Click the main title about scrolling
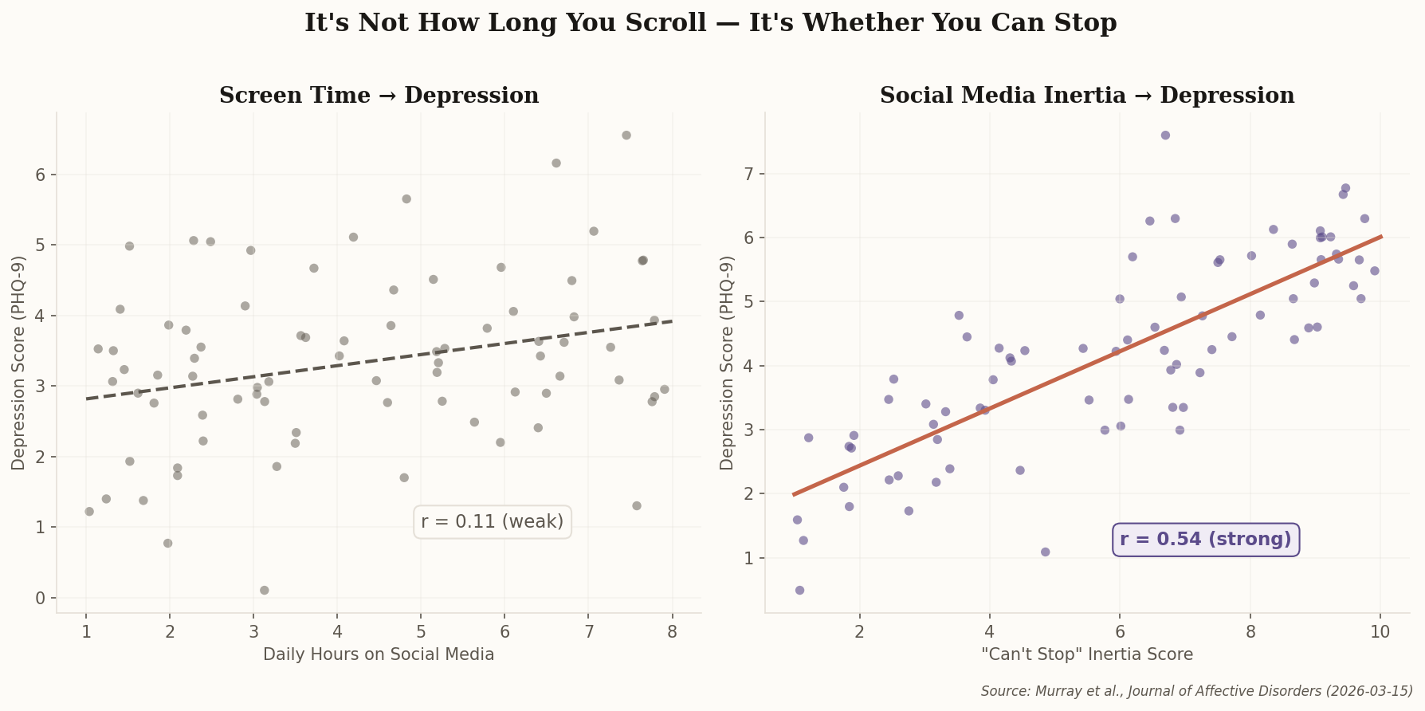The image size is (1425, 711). pos(710,23)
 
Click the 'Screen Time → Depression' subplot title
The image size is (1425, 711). pos(379,96)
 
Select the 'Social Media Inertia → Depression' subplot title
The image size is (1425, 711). pos(1086,96)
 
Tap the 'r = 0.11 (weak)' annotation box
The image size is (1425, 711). pos(492,521)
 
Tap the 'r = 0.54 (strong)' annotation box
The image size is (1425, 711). pos(1205,540)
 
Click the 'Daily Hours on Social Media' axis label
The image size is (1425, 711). pos(379,654)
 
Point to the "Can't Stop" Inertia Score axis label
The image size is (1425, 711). pos(1087,654)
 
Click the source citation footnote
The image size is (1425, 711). pos(1196,691)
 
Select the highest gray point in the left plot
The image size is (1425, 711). pos(626,136)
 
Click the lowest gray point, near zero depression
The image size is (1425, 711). pos(265,591)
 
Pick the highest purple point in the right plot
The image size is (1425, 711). pos(1165,136)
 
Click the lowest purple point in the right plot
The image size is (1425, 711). pos(799,591)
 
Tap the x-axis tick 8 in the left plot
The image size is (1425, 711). pos(672,632)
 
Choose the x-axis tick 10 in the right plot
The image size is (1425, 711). pos(1380,632)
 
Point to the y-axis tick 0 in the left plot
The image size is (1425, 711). pos(41,598)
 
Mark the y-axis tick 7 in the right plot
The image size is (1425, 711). pos(749,174)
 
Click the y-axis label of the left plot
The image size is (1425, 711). pos(18,363)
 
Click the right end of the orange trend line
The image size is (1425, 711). pos(1380,237)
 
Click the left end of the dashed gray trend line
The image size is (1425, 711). pos(88,399)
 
